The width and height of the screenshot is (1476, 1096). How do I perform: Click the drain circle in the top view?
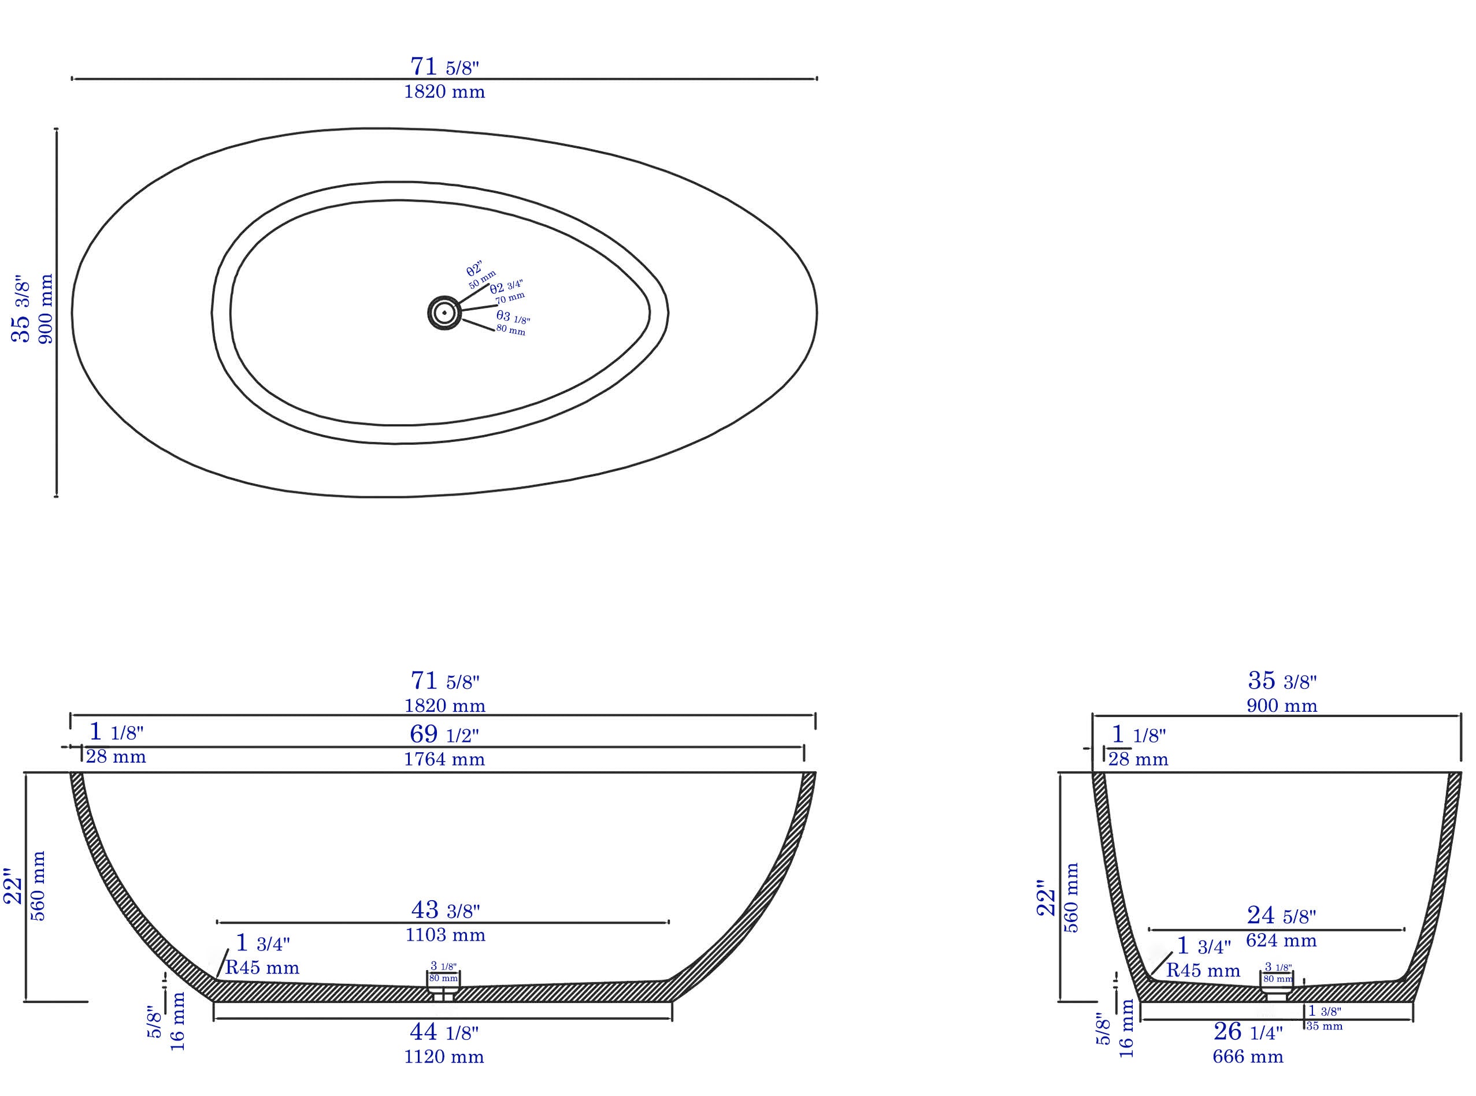pos(443,313)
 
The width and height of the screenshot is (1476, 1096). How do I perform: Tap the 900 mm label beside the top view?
pos(46,309)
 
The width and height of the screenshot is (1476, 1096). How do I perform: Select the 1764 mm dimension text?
pos(444,759)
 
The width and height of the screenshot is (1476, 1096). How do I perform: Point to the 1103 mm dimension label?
pos(446,935)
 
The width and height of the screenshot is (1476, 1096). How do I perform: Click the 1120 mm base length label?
pos(444,1056)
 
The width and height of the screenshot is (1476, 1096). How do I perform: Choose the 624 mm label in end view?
pos(1281,940)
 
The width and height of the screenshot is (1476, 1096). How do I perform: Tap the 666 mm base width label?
pos(1248,1056)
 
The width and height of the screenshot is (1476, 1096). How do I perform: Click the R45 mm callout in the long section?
pos(262,967)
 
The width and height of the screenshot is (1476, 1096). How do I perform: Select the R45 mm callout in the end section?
pos(1203,971)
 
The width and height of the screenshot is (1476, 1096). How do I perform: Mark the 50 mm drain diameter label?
pos(483,279)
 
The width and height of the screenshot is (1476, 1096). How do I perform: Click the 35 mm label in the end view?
pos(1324,1026)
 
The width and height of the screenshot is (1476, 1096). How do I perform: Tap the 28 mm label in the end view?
pos(1138,759)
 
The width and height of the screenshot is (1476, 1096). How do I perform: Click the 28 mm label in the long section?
pos(116,756)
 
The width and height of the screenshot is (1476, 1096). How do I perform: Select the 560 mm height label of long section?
pos(39,886)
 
